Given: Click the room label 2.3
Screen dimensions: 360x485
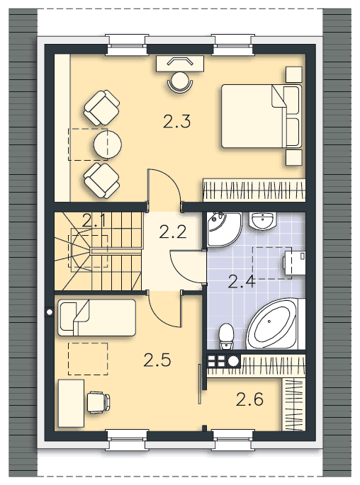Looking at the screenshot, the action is [x=176, y=121].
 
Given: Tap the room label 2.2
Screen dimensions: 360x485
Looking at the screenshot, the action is [x=173, y=232].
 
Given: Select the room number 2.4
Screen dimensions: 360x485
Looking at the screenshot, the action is [x=242, y=282].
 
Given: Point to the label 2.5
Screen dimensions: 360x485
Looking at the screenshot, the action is [x=157, y=360].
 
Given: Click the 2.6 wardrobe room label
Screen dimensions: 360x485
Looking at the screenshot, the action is [x=249, y=399].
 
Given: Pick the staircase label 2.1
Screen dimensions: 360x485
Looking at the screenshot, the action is [x=94, y=221].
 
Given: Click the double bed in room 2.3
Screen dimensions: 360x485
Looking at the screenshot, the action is [x=261, y=116].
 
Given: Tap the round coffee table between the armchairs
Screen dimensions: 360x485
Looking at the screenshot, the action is [x=108, y=144].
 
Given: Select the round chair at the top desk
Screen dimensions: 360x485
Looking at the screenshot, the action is [x=180, y=81].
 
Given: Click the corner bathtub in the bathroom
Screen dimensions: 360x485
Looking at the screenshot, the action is [x=272, y=324].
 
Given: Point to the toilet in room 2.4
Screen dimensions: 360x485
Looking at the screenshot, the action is [x=225, y=336].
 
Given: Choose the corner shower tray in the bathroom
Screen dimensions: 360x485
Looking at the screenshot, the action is [x=224, y=229].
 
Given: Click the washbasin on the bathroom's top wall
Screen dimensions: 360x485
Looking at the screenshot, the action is [x=262, y=221].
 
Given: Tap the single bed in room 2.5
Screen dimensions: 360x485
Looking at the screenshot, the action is [x=96, y=317].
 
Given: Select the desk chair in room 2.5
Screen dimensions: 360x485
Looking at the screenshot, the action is [x=99, y=402].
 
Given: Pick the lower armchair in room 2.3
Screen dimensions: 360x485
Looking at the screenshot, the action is [x=101, y=181].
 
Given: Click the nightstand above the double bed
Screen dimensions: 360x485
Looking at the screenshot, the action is [x=294, y=74].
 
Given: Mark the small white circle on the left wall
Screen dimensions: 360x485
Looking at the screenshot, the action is [x=49, y=312].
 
